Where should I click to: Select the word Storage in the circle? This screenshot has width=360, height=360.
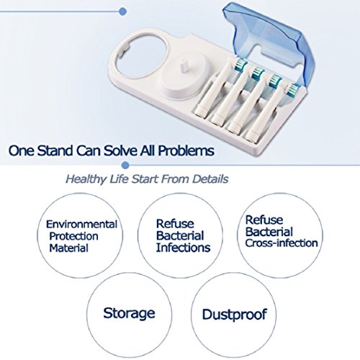[129, 313]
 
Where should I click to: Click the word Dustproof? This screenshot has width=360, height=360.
[234, 315]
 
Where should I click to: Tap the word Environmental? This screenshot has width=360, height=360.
[81, 225]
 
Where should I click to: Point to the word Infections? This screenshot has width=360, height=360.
[183, 248]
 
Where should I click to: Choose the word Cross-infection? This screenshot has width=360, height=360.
[282, 243]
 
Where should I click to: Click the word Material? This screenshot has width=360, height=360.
[69, 248]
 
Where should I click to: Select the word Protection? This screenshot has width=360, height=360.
[73, 236]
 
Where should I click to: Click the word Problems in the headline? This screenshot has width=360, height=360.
[186, 150]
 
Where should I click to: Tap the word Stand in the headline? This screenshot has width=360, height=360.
[55, 150]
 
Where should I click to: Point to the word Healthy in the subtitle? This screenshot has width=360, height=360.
[86, 179]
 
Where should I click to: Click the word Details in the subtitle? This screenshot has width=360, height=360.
[210, 179]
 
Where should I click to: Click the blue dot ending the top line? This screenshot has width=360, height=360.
[122, 12]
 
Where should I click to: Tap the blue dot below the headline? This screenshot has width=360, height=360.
[125, 165]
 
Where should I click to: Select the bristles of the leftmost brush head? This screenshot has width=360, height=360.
[240, 63]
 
